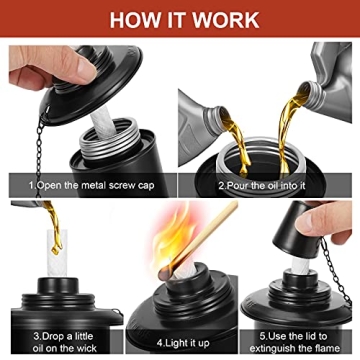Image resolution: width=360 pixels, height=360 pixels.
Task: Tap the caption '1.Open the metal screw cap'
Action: (x=91, y=185)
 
